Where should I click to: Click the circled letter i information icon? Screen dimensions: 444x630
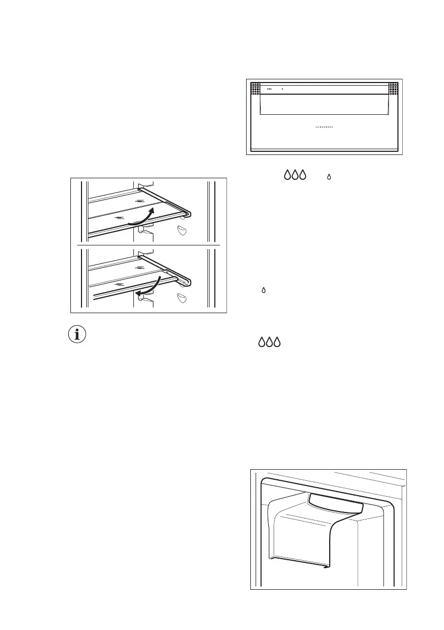point(80,335)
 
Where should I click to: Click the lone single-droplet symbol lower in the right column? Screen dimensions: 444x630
point(264,290)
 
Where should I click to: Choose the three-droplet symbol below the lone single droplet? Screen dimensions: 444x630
point(269,342)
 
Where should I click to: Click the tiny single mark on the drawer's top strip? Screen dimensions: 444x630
point(282,89)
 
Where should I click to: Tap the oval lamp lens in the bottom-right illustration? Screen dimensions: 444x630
point(335,504)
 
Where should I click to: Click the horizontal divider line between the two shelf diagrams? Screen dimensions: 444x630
point(149,246)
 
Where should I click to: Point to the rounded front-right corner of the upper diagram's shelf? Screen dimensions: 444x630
point(188,213)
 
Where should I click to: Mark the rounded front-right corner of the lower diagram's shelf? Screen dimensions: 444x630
point(188,280)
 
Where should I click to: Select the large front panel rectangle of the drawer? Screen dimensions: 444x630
point(324,105)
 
